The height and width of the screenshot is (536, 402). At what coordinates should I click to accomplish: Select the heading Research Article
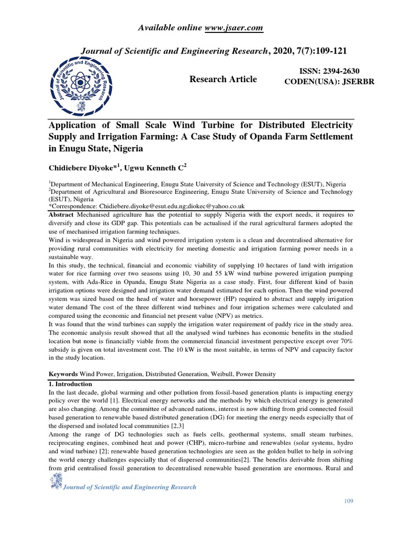coord(223,79)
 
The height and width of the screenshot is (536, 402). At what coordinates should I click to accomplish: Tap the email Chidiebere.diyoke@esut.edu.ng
coord(140,207)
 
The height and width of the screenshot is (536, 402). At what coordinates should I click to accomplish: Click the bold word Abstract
coord(61,215)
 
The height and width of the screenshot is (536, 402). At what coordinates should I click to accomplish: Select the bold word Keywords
coord(63,375)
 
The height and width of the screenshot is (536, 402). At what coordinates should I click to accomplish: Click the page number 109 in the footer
coord(349,501)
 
